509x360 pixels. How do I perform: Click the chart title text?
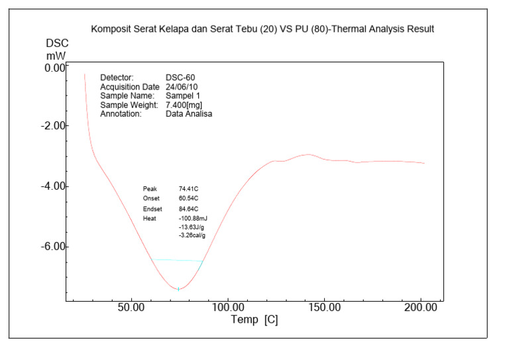point(262,30)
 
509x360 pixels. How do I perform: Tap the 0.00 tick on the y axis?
point(55,67)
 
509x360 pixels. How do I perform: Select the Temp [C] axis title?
point(254,320)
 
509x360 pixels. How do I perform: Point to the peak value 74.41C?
point(189,189)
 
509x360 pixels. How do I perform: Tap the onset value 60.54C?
point(189,199)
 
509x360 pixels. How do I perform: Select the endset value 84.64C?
point(189,209)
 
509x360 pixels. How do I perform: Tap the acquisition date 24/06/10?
point(182,87)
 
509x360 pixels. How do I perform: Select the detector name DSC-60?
point(180,78)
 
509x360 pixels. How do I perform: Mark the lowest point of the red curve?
point(178,289)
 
